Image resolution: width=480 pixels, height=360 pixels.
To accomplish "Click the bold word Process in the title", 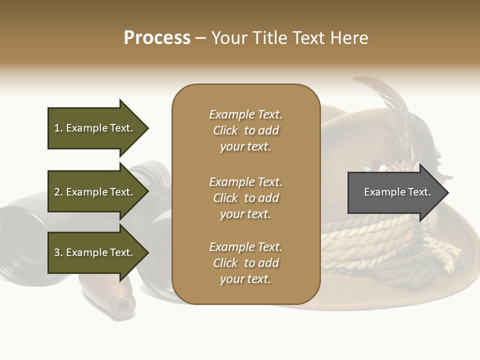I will pos(157,38).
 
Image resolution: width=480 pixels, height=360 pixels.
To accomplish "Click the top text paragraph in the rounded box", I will pos(245,130).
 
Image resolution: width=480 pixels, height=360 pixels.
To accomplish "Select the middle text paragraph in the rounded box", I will pos(245,198).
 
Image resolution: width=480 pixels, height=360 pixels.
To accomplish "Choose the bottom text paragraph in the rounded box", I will pos(245,263).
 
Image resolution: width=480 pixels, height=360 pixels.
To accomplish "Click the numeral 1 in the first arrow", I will pos(57,128).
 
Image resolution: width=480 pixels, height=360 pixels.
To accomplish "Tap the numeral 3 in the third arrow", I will pos(57,252).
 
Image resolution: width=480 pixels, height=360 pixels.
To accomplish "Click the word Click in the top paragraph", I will pos(225,130).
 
